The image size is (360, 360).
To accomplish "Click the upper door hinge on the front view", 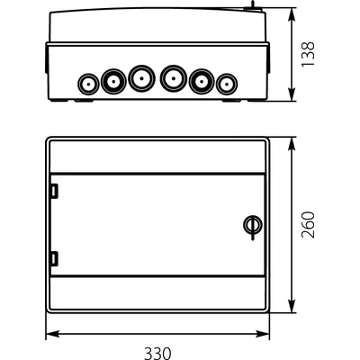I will tap(54, 191).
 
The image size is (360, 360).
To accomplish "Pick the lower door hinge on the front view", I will tap(54, 259).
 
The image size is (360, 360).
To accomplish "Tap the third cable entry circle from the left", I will tap(139, 78).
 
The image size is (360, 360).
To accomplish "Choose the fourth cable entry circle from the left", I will tap(171, 78).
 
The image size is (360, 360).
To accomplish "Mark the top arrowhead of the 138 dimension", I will tap(296, 17).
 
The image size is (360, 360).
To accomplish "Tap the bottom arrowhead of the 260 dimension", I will tap(296, 306).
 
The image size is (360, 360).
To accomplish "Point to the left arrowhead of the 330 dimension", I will tap(49, 334).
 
